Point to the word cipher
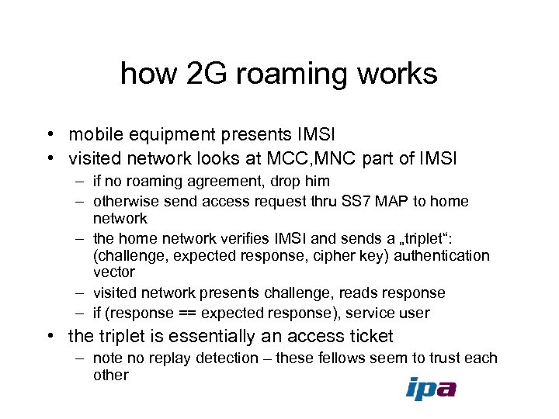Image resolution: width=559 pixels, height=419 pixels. (x=342, y=255)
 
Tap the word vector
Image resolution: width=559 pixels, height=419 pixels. (x=114, y=272)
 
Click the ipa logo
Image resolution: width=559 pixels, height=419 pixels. (x=431, y=389)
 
